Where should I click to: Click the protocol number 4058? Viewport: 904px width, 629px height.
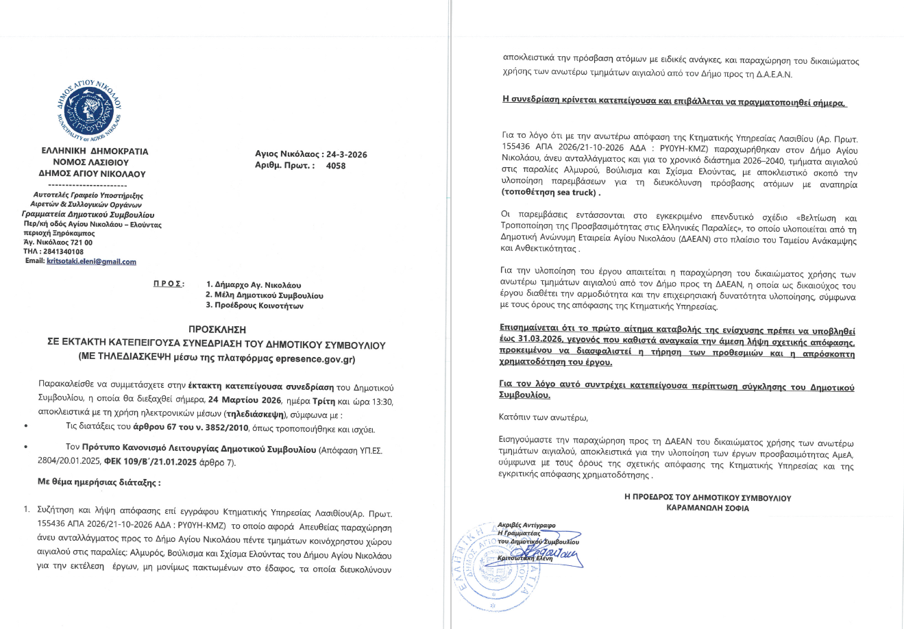coord(336,166)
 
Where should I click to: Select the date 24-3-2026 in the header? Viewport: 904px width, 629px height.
coord(347,154)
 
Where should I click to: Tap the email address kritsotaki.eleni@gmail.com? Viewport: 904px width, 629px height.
coord(91,261)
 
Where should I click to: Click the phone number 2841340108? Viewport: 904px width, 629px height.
coord(64,251)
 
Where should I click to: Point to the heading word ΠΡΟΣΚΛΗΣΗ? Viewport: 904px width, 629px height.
coord(217,329)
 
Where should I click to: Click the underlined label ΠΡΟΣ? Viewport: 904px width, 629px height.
coord(168,284)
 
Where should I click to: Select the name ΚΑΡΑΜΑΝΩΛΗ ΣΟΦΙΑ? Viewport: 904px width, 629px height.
coord(707,508)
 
